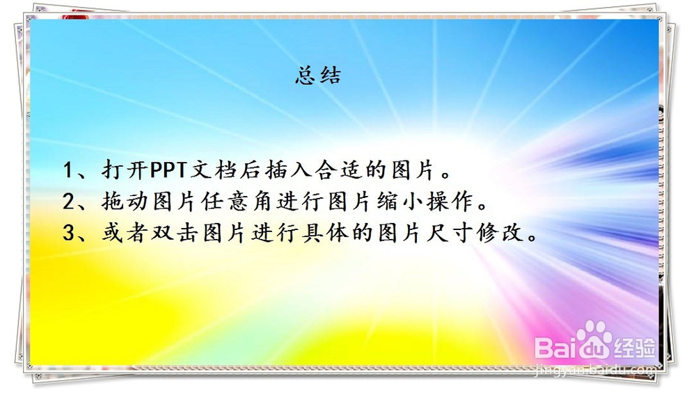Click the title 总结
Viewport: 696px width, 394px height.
318,75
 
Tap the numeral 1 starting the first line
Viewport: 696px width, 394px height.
68,170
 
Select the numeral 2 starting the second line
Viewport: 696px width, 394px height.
69,202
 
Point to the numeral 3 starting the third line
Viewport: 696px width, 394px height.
69,233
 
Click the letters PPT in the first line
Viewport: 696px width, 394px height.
168,170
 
